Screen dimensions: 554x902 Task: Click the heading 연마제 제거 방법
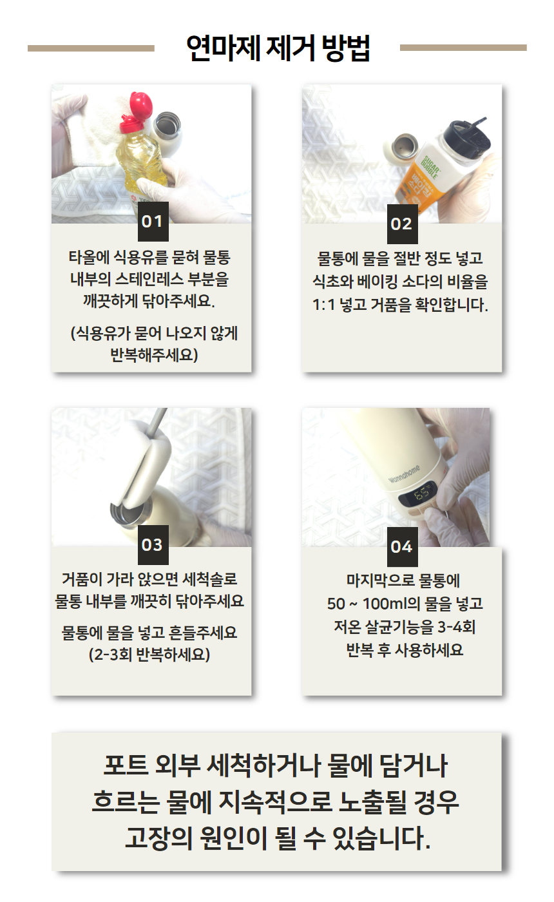pyautogui.click(x=278, y=48)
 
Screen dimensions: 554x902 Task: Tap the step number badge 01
pyautogui.click(x=153, y=222)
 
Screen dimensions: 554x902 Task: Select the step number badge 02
pyautogui.click(x=402, y=224)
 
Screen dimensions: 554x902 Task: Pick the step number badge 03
pyautogui.click(x=153, y=545)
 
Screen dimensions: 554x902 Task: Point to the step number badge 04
pyautogui.click(x=402, y=547)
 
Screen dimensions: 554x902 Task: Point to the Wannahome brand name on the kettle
pyautogui.click(x=404, y=474)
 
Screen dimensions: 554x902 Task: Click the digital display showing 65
pyautogui.click(x=419, y=493)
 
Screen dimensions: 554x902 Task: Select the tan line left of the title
pyautogui.click(x=91, y=48)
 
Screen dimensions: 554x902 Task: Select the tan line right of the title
pyautogui.click(x=463, y=48)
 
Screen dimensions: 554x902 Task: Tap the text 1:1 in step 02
pyautogui.click(x=323, y=305)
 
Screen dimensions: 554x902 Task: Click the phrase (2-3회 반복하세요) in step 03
pyautogui.click(x=149, y=655)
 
